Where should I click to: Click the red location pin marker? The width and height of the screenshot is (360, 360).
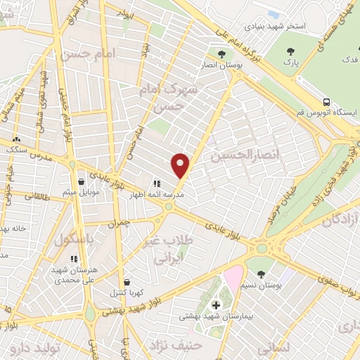pos(181,165)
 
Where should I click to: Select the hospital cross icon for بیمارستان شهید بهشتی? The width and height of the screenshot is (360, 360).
pos(216,305)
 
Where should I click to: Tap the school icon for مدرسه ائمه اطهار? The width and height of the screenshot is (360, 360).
pos(156,184)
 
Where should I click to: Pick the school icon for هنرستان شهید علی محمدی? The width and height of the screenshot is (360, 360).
pos(74,259)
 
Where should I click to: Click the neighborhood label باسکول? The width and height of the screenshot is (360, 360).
pos(73,239)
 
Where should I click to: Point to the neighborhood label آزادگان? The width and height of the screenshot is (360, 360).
pos(340,221)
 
